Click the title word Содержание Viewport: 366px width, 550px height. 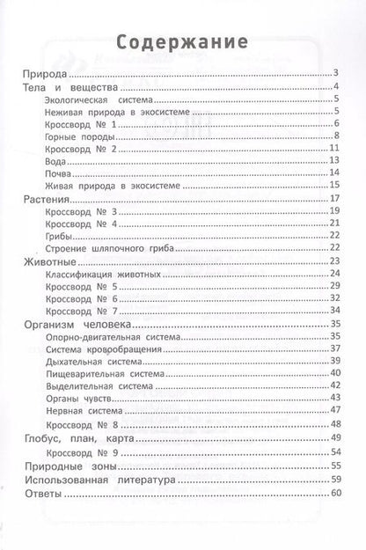click(x=183, y=41)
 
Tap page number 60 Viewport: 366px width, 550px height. click(x=334, y=495)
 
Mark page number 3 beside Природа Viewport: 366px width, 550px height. click(x=336, y=74)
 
